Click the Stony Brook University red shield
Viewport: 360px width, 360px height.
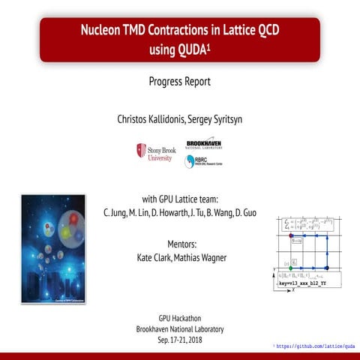[x=140, y=151]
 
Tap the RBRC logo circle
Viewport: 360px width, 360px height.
[x=189, y=161]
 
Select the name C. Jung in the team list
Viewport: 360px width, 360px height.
[x=115, y=212]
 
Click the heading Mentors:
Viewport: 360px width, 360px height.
[x=179, y=244]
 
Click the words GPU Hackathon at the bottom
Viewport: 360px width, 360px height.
[x=179, y=318]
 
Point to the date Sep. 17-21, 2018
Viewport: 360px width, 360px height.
[x=179, y=340]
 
